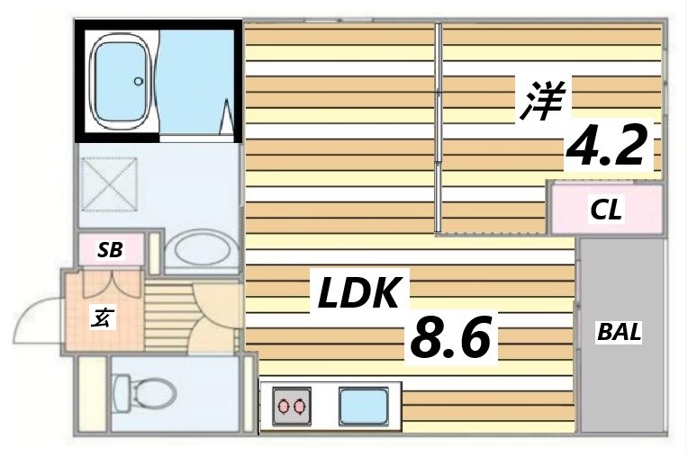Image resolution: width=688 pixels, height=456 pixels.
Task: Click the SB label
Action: pyautogui.click(x=110, y=250)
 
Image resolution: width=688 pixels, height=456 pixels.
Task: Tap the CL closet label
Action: pyautogui.click(x=605, y=210)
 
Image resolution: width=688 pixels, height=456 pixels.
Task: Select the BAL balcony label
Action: pyautogui.click(x=620, y=331)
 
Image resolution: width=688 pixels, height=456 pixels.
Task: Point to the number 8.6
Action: pyautogui.click(x=449, y=338)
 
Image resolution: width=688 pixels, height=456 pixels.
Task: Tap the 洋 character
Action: pyautogui.click(x=539, y=101)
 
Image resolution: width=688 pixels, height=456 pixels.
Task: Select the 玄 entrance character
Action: pyautogui.click(x=102, y=317)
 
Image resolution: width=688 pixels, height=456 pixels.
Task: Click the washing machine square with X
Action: pyautogui.click(x=107, y=184)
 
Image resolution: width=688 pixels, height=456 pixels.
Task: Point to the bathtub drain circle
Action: pyautogui.click(x=139, y=81)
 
